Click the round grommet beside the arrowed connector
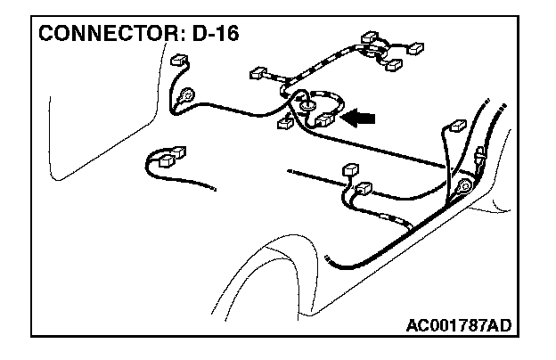pos(306,106)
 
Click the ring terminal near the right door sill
pos(464,188)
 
